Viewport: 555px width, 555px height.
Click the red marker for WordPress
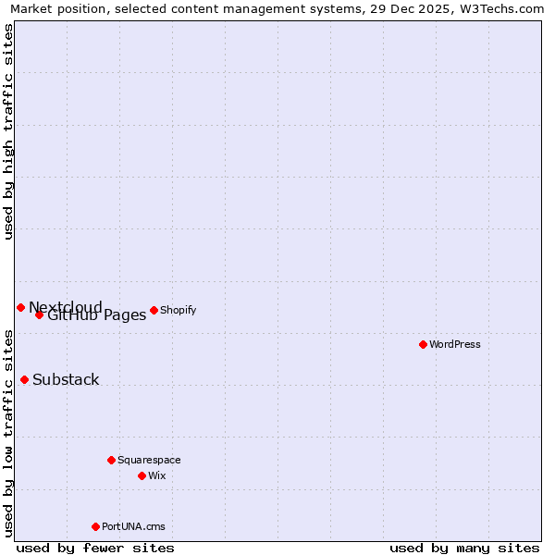[423, 344]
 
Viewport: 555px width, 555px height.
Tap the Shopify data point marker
[154, 310]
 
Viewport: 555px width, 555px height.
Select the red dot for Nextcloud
[20, 307]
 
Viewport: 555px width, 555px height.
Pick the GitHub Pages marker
[39, 314]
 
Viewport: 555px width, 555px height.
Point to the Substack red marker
[24, 379]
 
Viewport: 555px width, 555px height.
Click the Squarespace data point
[111, 460]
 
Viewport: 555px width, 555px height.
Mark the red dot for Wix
[142, 475]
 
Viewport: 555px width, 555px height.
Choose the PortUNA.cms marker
[95, 526]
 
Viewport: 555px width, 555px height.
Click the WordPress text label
[455, 344]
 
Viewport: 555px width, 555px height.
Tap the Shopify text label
[178, 310]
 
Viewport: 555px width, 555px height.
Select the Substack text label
[66, 379]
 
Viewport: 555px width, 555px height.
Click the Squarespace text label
[149, 460]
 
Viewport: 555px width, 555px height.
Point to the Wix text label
[156, 475]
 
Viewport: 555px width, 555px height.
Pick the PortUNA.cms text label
[133, 526]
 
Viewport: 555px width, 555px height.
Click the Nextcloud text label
[66, 307]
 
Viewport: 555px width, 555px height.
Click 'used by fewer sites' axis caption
[95, 548]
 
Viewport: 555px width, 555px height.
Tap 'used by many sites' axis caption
[464, 548]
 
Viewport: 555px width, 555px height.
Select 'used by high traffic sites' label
[9, 131]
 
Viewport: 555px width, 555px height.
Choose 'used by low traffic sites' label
[9, 432]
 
